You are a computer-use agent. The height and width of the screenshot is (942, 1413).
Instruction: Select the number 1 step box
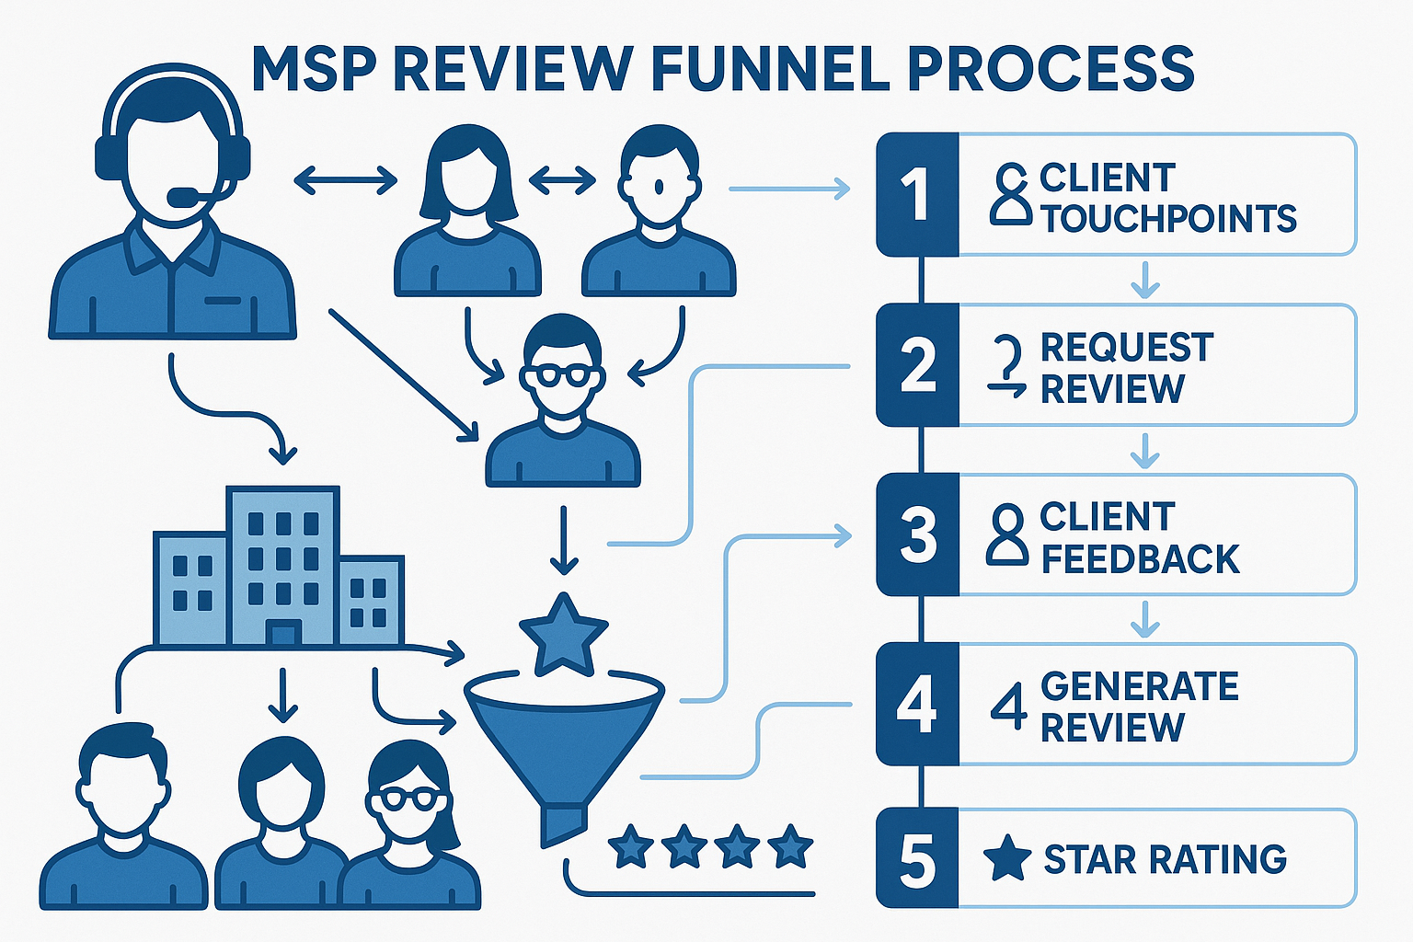pyautogui.click(x=917, y=194)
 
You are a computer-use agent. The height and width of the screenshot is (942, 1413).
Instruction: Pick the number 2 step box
pyautogui.click(x=917, y=365)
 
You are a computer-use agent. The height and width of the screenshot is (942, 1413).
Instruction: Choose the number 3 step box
pyautogui.click(x=917, y=534)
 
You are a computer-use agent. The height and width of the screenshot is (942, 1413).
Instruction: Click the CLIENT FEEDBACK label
pyautogui.click(x=1139, y=538)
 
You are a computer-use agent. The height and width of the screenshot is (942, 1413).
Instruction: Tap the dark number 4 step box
pyautogui.click(x=917, y=705)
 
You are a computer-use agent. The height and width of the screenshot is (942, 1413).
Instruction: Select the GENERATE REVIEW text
pyautogui.click(x=1139, y=706)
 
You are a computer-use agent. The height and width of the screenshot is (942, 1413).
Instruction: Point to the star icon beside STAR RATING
pyautogui.click(x=1006, y=857)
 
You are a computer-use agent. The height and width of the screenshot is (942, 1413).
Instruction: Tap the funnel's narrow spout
pyautogui.click(x=563, y=823)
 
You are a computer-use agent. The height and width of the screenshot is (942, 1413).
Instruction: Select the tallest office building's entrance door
pyautogui.click(x=282, y=633)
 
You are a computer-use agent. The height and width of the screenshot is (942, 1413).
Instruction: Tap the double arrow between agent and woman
pyautogui.click(x=345, y=180)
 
